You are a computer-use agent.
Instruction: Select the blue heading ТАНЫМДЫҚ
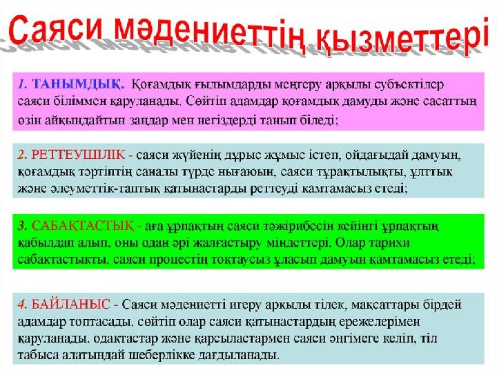coord(77,84)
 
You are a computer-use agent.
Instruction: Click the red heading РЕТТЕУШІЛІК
coord(78,155)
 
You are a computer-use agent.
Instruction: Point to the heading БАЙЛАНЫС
coord(70,305)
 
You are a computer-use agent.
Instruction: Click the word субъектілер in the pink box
coord(409,85)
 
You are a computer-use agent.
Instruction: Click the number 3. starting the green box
coord(23,226)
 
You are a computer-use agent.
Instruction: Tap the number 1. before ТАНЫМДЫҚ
coord(23,84)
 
